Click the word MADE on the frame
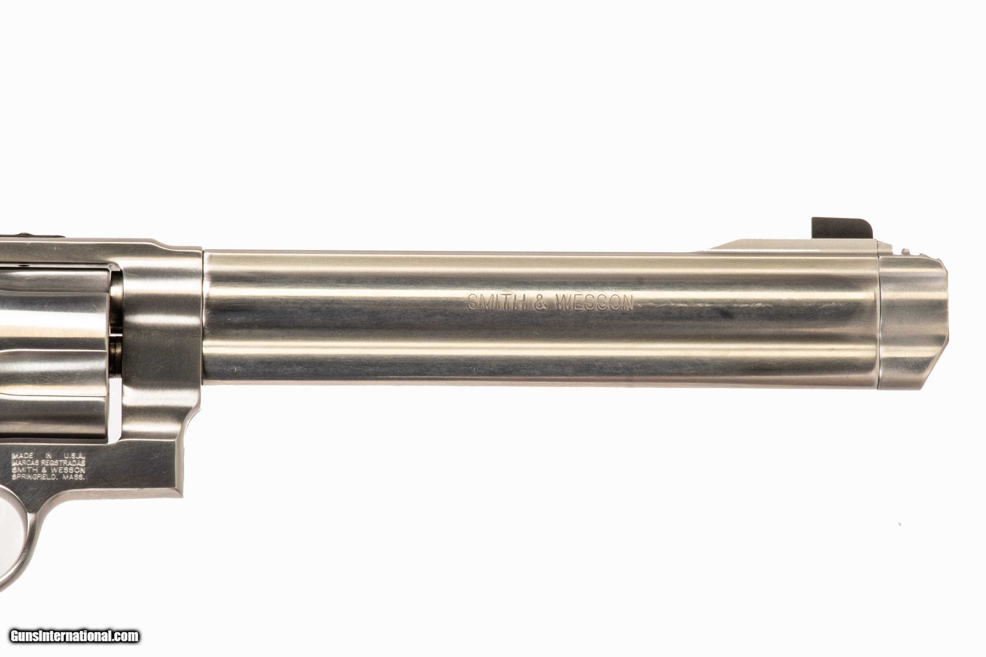click(23, 455)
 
